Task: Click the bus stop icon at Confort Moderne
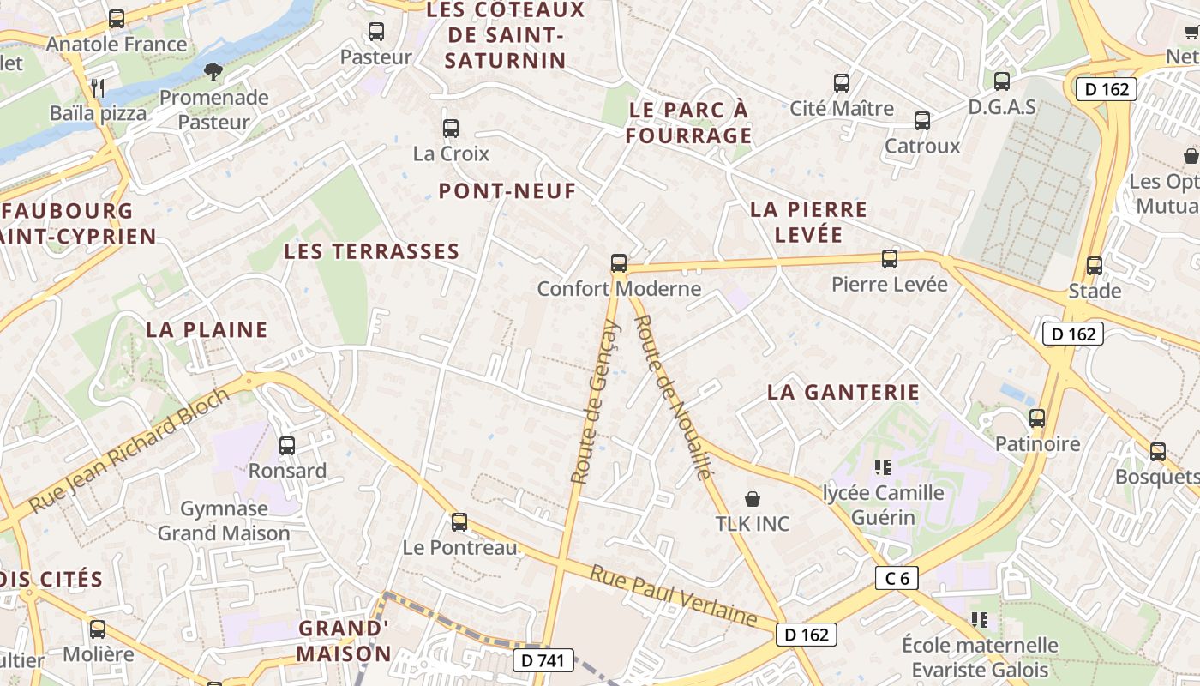(619, 263)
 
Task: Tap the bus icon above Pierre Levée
(890, 258)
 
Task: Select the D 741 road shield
(543, 659)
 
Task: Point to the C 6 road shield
(897, 578)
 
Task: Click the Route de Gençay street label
(595, 401)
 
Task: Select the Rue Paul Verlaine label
(673, 596)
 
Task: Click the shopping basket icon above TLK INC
(753, 498)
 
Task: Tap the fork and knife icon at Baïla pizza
(98, 87)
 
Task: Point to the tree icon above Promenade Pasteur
(213, 71)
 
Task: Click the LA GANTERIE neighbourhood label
(843, 392)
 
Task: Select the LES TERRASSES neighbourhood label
(372, 251)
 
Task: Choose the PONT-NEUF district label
(507, 191)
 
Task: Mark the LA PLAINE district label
(207, 329)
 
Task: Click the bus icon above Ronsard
(287, 446)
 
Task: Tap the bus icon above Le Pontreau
(459, 522)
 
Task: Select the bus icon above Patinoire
(1037, 418)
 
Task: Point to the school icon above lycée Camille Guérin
(883, 467)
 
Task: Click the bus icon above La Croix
(451, 129)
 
